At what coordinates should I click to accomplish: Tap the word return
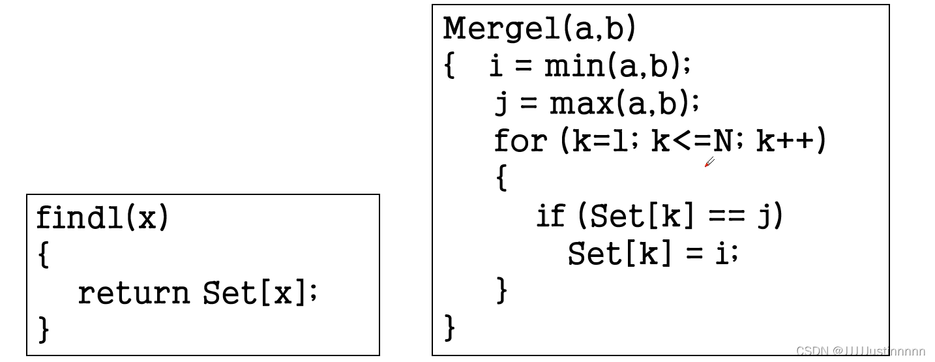(134, 294)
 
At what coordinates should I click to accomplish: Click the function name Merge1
(501, 28)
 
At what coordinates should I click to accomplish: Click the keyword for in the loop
(520, 140)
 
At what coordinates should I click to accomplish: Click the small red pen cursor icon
(709, 162)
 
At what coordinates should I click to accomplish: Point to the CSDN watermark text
(860, 352)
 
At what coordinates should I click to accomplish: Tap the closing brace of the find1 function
(44, 329)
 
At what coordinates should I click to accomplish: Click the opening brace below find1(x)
(44, 255)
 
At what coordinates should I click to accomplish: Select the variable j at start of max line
(501, 104)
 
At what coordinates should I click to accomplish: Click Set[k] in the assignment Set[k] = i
(619, 253)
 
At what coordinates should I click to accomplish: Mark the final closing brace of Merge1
(450, 327)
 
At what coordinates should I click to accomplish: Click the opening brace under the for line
(501, 178)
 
